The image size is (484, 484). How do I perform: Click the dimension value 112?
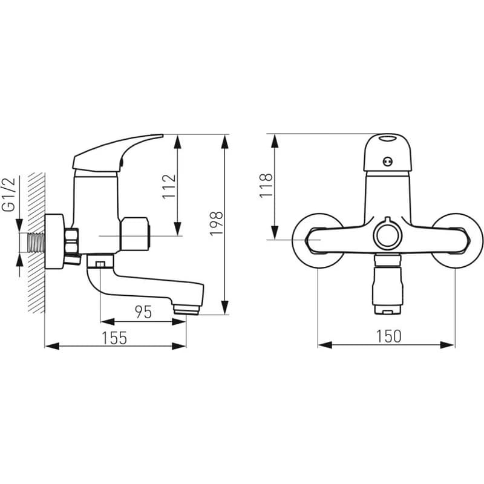169,187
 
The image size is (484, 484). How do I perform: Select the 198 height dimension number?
216,224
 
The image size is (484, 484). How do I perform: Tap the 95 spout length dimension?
143,312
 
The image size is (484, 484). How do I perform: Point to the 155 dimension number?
114,338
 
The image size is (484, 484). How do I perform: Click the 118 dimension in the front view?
266,186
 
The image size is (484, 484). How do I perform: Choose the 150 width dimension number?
388,336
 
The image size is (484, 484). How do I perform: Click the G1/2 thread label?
8,194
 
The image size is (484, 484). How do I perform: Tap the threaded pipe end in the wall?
36,243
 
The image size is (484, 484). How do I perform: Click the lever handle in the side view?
117,154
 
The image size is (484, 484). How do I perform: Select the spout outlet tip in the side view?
186,310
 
